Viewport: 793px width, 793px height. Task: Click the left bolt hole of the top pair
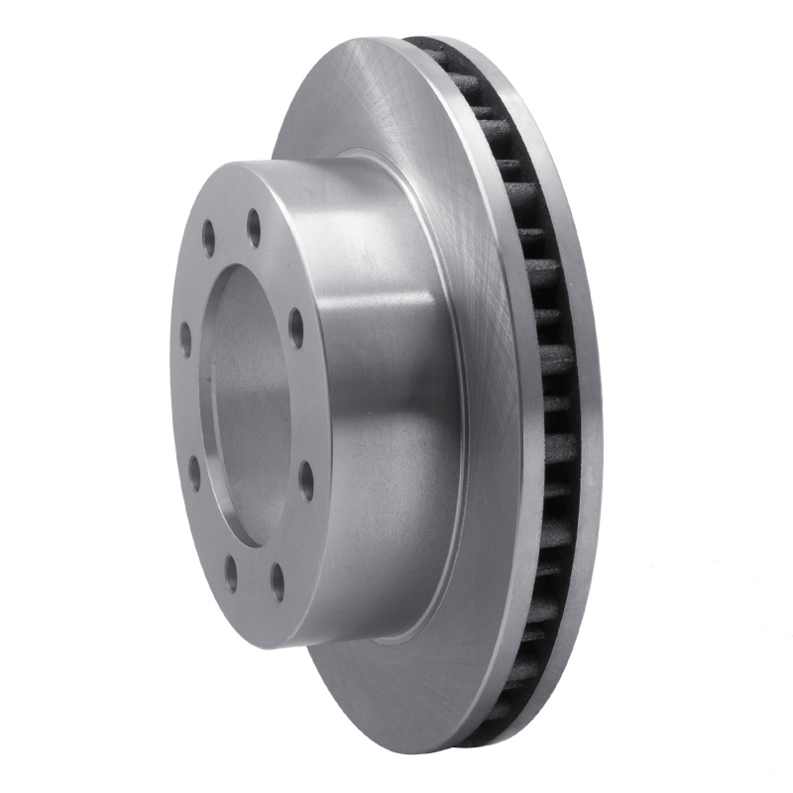(208, 237)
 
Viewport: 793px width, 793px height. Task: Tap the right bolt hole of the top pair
(254, 227)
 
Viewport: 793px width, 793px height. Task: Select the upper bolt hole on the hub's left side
(185, 339)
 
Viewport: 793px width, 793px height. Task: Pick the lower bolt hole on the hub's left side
(194, 471)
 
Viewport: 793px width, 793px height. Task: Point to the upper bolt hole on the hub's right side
(296, 328)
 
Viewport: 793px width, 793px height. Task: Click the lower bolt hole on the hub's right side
(306, 480)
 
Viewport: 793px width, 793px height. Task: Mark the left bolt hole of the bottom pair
(231, 573)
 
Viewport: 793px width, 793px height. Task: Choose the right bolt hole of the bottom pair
(278, 582)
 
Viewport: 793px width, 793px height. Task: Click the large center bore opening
(248, 406)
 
